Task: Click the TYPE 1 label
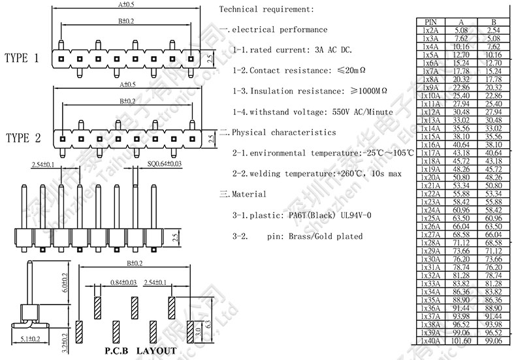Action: tap(22, 58)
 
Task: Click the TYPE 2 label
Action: tap(23, 138)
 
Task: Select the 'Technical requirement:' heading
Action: tap(266, 9)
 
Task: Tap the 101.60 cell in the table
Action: tap(460, 340)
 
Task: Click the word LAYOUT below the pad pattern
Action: tap(156, 351)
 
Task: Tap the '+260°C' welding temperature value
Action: tap(353, 174)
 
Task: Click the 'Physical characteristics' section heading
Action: tap(283, 132)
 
